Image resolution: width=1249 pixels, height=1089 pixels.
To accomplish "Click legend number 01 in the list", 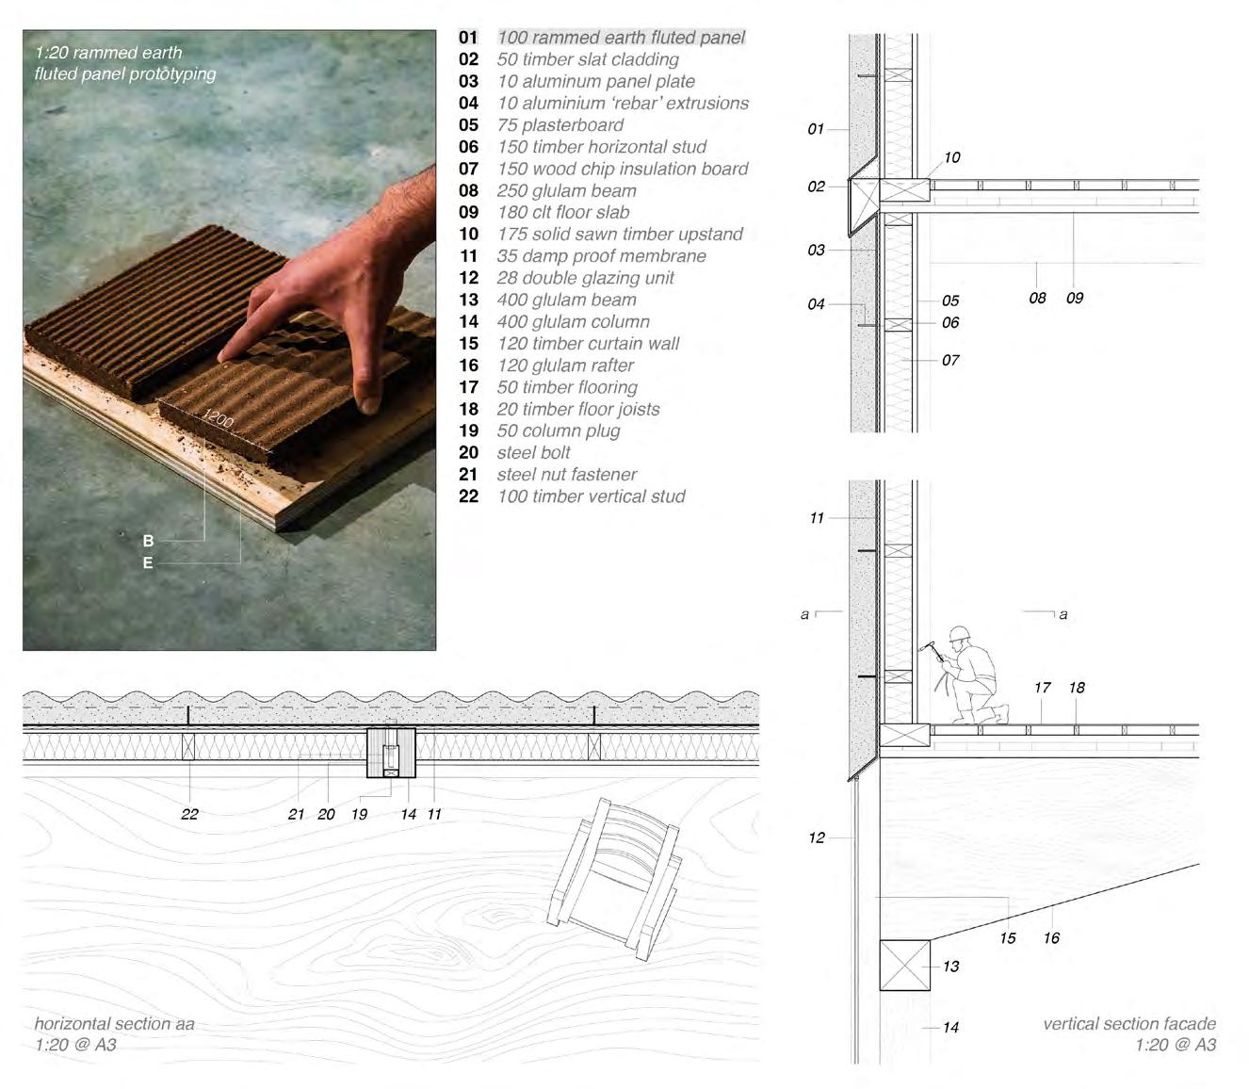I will tap(468, 38).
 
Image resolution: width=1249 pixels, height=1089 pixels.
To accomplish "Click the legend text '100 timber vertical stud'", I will tap(591, 496).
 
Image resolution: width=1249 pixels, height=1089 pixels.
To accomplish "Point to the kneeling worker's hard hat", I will tap(960, 634).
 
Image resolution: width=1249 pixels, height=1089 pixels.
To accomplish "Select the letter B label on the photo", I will tap(148, 541).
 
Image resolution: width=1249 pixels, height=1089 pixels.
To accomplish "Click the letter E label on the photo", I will tap(148, 563).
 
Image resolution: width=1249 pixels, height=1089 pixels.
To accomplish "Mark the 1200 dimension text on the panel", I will tap(219, 417).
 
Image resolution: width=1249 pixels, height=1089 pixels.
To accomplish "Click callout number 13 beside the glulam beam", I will tap(950, 967).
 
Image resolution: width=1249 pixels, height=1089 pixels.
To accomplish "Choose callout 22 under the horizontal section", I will tap(189, 814).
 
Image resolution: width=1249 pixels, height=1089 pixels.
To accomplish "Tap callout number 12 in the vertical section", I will tap(817, 837).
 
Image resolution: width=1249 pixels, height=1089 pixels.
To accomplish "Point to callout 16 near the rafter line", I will tap(1051, 938).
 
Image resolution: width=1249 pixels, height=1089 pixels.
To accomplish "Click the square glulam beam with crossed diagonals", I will tap(904, 965).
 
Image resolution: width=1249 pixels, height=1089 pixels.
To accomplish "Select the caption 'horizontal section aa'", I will tap(114, 1023).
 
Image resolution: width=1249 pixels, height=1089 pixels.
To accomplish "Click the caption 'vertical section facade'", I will tap(1128, 1024).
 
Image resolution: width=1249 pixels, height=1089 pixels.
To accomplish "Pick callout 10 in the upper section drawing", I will tap(952, 157).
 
